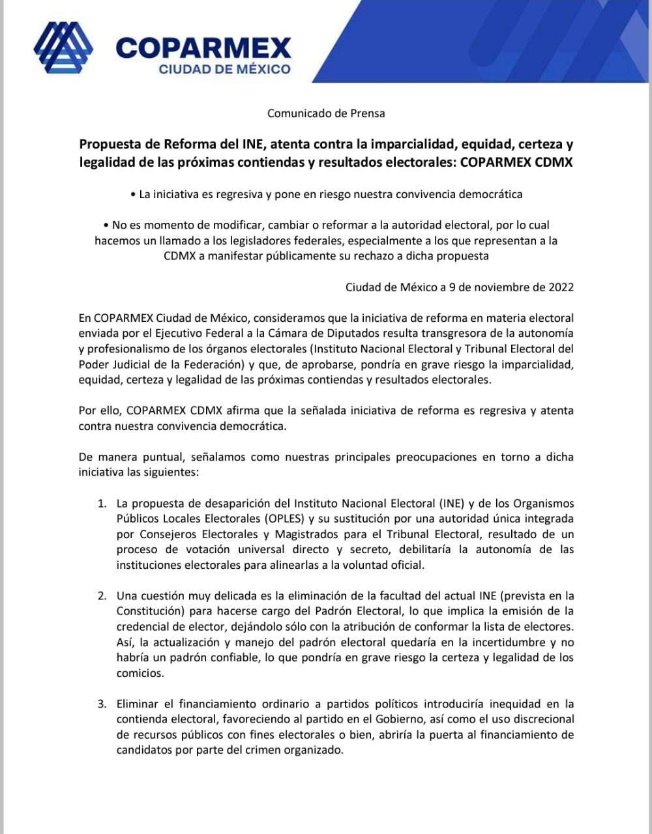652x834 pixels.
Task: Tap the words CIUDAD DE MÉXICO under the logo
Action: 225,69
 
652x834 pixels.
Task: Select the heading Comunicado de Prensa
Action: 326,113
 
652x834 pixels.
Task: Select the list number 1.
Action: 101,504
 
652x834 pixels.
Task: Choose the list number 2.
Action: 101,596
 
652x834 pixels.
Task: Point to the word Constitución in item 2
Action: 147,611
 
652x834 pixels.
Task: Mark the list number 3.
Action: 101,704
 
